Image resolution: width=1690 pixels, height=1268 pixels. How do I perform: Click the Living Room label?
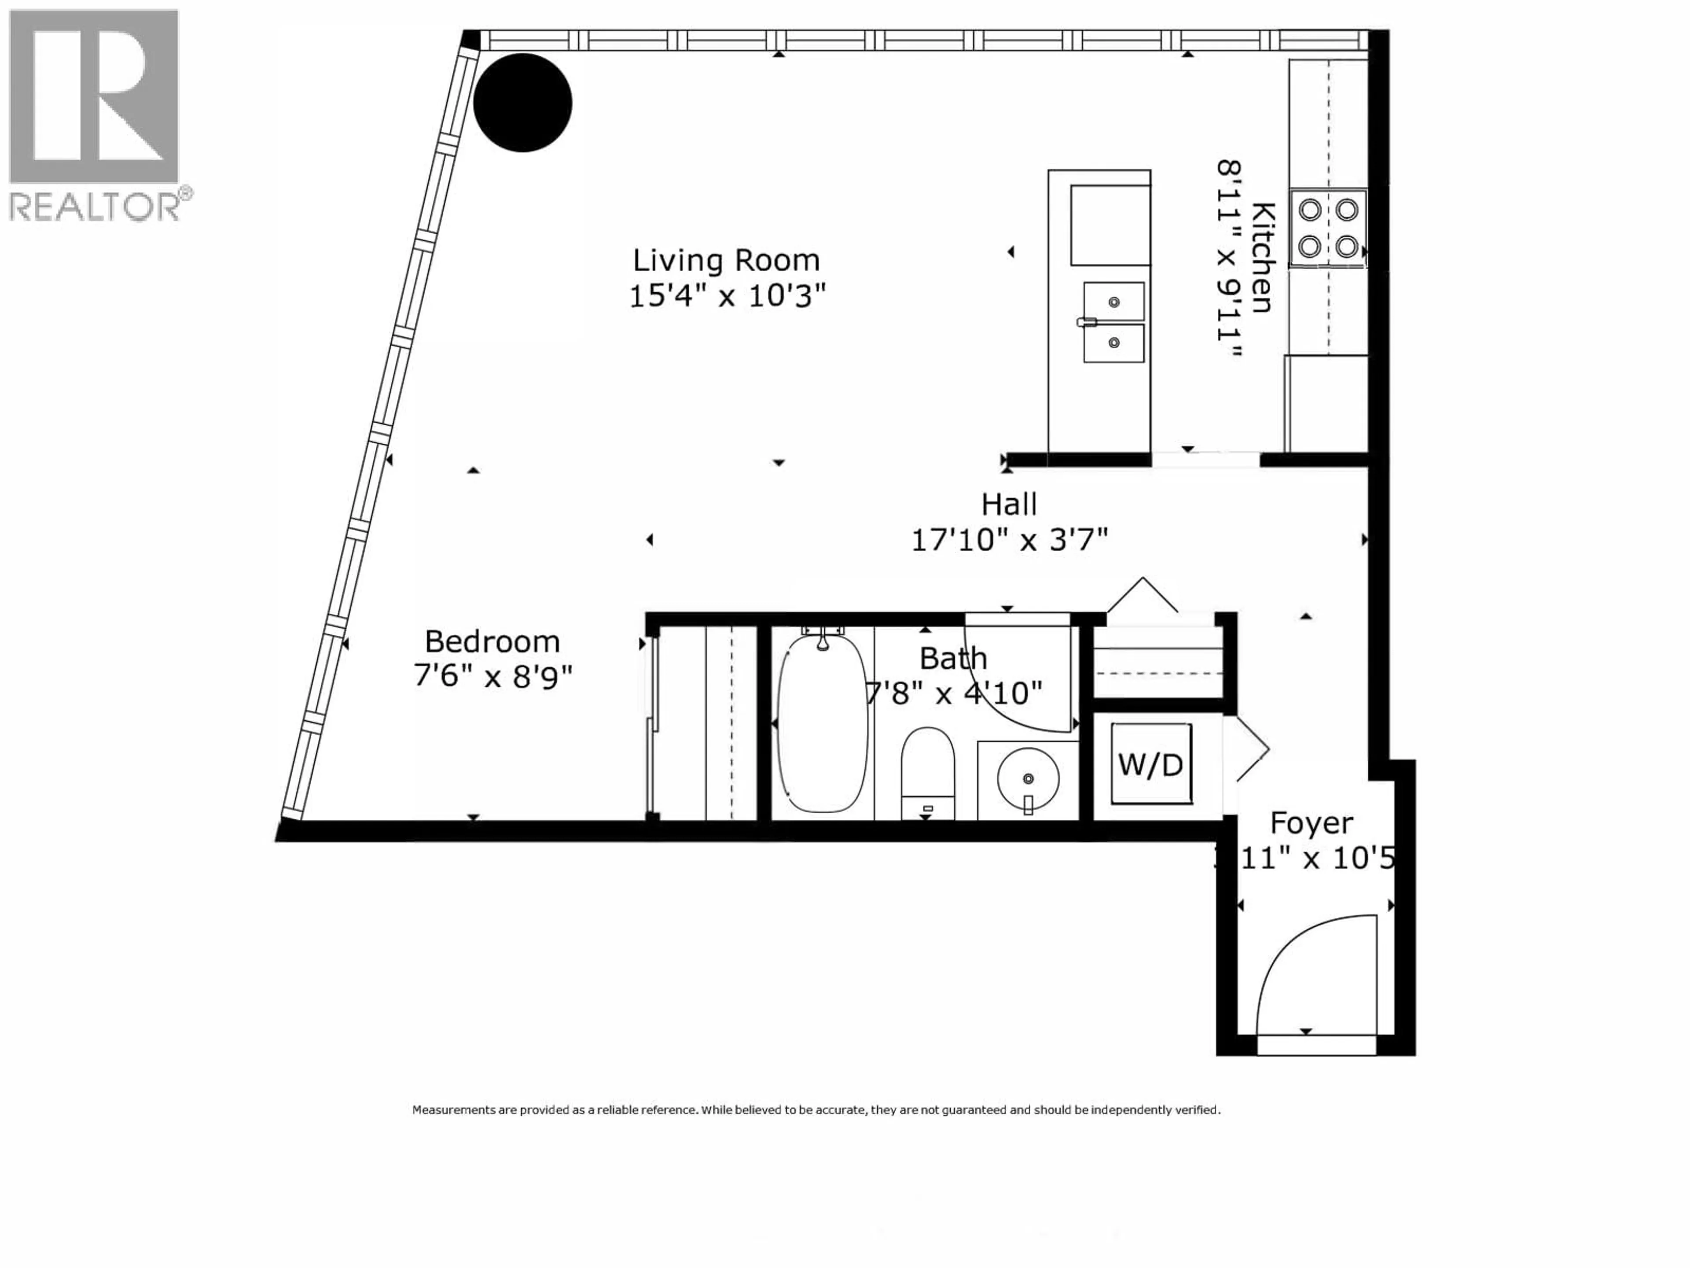pos(726,261)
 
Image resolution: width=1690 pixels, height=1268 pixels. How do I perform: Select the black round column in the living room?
pos(522,103)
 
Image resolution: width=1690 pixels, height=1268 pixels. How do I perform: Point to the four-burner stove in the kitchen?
pos(1328,228)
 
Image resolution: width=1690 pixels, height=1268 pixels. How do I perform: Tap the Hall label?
pos(1009,505)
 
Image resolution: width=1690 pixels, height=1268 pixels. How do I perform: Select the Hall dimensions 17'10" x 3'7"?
pos(1009,540)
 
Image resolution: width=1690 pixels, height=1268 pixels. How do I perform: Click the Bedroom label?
pos(492,641)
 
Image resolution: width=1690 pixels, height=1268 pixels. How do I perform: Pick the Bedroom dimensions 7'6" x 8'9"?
pos(492,676)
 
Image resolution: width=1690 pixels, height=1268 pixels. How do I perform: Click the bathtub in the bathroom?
pos(822,722)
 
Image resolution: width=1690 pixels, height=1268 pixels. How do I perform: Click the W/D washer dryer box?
pos(1150,763)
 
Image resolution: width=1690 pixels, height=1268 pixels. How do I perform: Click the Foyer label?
pos(1311,823)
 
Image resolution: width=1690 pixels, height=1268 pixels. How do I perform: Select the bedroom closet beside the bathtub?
pos(707,722)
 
